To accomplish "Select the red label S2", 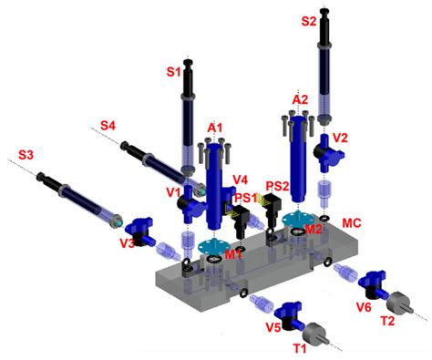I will tap(310, 19).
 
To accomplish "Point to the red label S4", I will tap(108, 125).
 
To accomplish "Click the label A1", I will tap(215, 126).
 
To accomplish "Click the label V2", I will tap(342, 137).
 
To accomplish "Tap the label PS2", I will tap(277, 186).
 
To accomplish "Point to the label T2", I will tap(387, 320).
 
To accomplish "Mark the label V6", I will tap(363, 308).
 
